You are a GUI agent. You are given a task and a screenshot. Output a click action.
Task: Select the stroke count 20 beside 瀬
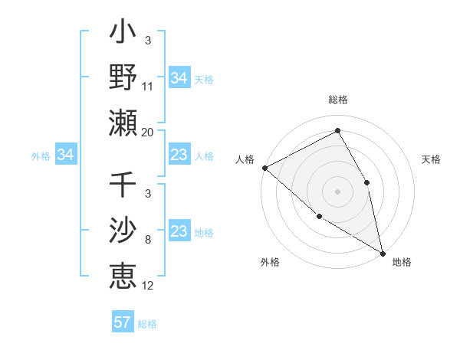tap(148, 133)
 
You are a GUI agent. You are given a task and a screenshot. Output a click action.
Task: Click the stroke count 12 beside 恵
tap(148, 286)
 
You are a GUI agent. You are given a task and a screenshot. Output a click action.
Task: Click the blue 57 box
tap(123, 322)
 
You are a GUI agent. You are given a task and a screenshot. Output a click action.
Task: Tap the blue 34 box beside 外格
tap(65, 155)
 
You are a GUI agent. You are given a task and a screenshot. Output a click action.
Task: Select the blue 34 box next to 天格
tap(179, 78)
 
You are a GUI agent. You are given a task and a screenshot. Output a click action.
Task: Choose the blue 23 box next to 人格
tap(179, 155)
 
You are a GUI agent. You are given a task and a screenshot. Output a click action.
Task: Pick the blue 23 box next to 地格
tap(179, 232)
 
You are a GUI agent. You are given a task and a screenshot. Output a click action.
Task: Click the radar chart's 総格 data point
tap(337, 131)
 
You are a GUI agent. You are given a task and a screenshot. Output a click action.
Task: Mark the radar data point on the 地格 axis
tap(382, 252)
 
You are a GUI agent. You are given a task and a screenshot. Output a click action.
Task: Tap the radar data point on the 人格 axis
tap(264, 168)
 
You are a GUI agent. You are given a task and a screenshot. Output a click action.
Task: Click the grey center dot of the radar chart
tap(337, 191)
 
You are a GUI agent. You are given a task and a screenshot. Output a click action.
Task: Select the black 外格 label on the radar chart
tap(270, 262)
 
